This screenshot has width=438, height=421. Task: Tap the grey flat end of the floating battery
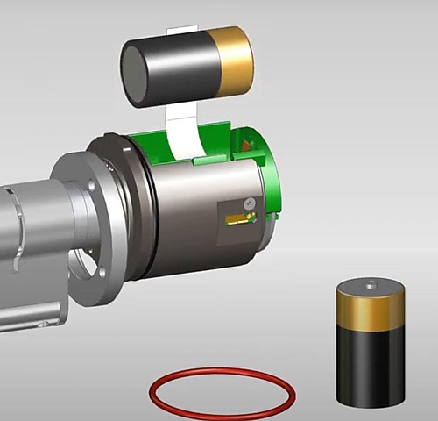click(136, 75)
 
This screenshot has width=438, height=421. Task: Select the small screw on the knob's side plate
click(250, 203)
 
